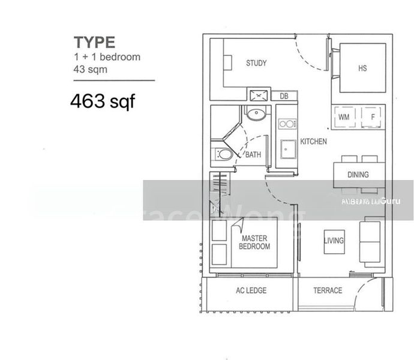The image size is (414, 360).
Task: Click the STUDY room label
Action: click(x=256, y=63)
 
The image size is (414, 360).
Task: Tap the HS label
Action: click(x=362, y=68)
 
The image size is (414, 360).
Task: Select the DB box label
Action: click(x=284, y=95)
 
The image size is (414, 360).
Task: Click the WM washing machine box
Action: click(x=344, y=116)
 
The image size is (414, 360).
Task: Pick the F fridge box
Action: click(x=373, y=116)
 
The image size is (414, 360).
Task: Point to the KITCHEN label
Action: click(x=313, y=142)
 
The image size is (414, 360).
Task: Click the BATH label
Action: click(x=253, y=155)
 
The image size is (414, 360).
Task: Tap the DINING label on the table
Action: click(x=358, y=175)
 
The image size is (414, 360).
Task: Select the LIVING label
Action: click(x=334, y=241)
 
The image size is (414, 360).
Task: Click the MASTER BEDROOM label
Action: click(x=254, y=242)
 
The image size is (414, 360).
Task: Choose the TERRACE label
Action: click(x=328, y=290)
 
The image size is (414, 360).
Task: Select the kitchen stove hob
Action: click(x=287, y=124)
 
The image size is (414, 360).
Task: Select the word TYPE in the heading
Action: click(x=94, y=43)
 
